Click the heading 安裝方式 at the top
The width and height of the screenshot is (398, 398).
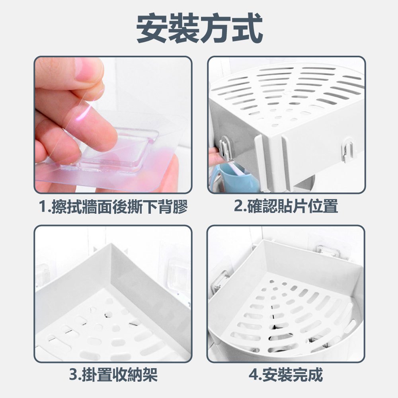(x=199, y=28)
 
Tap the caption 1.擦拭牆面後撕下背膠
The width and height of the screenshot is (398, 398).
(x=113, y=207)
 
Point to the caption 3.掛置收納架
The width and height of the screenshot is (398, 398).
(x=113, y=375)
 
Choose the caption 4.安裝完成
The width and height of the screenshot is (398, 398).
(x=286, y=375)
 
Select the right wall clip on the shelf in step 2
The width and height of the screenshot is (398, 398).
(x=347, y=150)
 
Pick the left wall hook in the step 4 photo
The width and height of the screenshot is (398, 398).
(x=220, y=281)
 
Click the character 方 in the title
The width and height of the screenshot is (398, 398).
(x=215, y=28)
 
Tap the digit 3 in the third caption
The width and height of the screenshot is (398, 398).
(x=73, y=375)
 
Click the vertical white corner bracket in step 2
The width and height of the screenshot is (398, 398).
(x=260, y=162)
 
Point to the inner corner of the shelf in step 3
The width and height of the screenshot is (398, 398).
(x=111, y=245)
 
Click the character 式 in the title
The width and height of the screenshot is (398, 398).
(x=247, y=28)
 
